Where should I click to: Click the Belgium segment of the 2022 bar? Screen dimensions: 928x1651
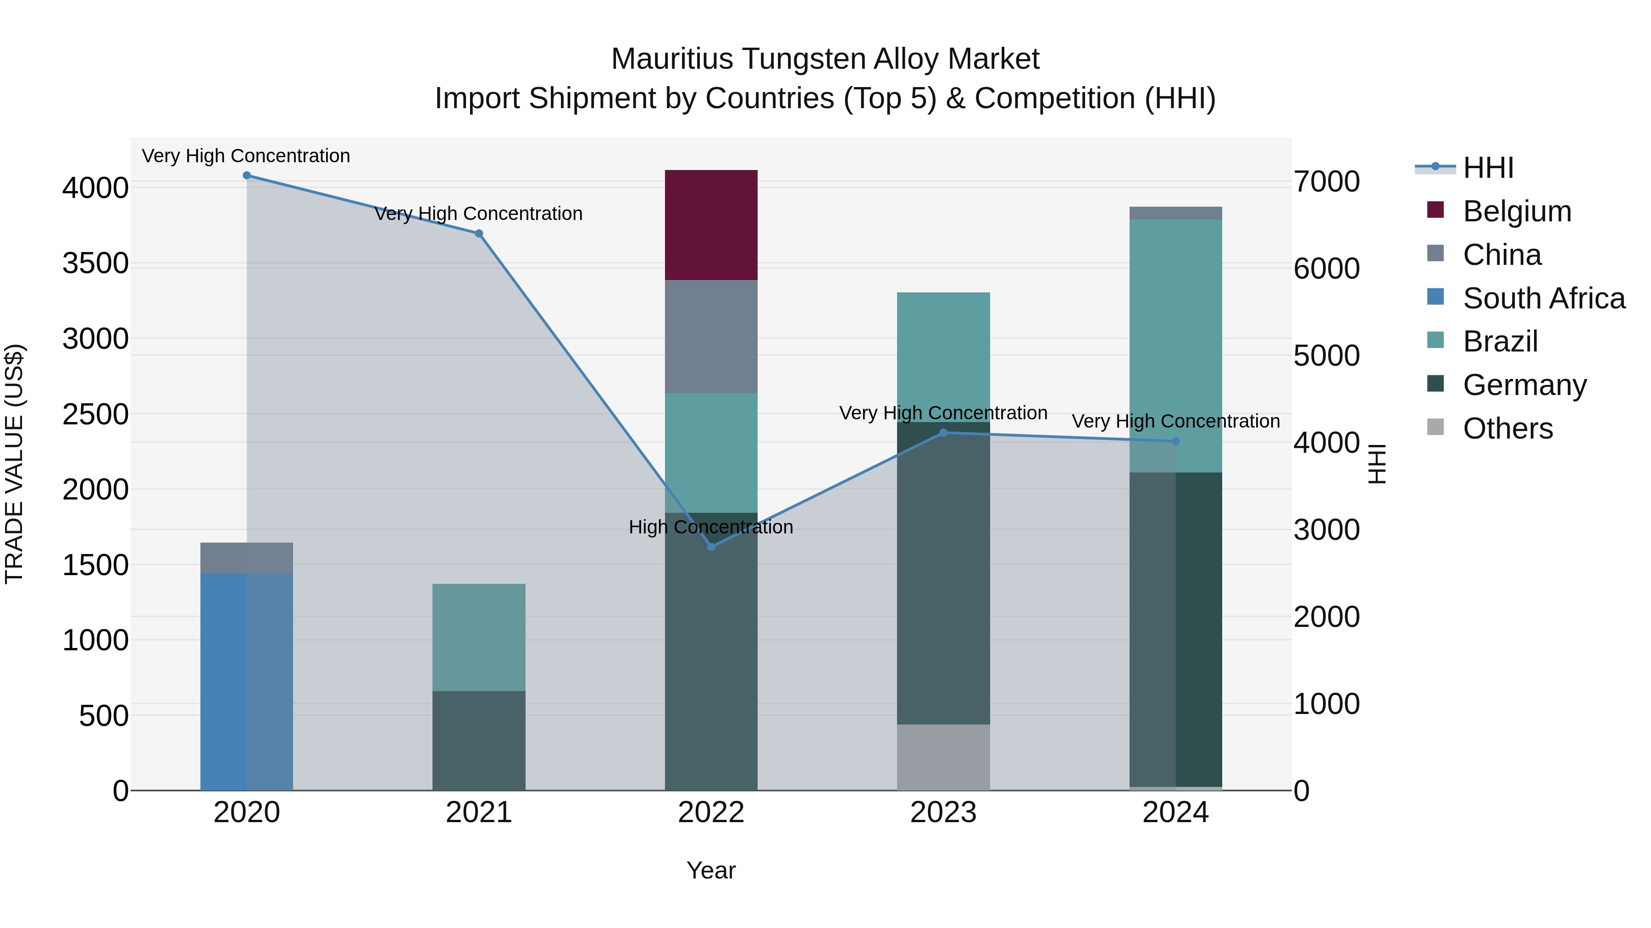pos(711,225)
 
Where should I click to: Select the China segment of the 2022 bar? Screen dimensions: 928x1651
pos(711,336)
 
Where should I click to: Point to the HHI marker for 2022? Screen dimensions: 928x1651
pos(711,546)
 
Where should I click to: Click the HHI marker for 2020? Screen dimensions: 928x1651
pos(247,176)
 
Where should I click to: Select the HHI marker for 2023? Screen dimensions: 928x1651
pos(943,433)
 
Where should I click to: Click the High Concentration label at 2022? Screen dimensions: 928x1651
pos(711,527)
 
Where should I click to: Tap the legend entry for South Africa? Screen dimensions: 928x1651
pos(1543,298)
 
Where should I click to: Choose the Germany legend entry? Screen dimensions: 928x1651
pos(1524,385)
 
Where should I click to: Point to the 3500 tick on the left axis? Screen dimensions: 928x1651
pos(95,264)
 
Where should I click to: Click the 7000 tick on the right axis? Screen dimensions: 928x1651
pos(1326,182)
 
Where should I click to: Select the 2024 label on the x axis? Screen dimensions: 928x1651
pos(1175,813)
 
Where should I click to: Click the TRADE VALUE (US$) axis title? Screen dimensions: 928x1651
pos(15,464)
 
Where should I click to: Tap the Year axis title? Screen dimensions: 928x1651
pos(711,870)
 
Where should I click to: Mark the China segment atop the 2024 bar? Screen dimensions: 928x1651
pos(1175,213)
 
